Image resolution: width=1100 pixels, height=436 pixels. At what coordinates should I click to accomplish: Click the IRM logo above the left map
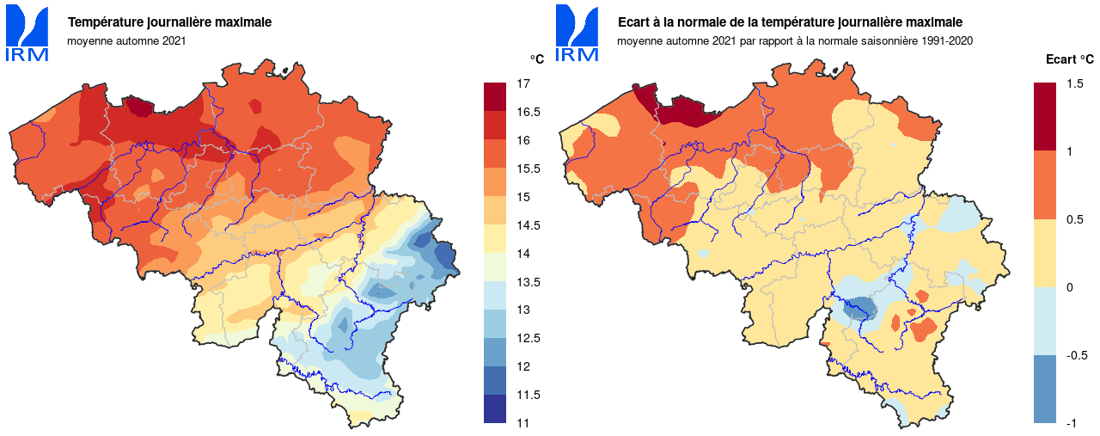(x=27, y=34)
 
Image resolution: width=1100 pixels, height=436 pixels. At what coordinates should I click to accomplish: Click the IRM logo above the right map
(x=577, y=34)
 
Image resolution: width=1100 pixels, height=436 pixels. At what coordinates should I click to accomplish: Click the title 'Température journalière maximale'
(x=169, y=22)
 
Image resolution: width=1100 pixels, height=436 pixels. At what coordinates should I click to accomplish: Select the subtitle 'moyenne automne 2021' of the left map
(x=126, y=40)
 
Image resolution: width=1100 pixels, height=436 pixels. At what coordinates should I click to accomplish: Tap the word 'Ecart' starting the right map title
(x=634, y=22)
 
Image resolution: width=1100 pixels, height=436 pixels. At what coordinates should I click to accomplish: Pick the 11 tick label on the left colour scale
(x=522, y=423)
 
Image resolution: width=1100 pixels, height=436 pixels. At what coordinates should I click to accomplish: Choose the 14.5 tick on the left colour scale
(x=528, y=225)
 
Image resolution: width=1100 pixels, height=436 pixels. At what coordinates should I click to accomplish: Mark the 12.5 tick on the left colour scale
(x=528, y=338)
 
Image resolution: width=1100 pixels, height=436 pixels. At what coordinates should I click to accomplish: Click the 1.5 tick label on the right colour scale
(x=1073, y=83)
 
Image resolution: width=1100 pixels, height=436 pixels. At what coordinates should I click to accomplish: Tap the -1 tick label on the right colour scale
(x=1070, y=423)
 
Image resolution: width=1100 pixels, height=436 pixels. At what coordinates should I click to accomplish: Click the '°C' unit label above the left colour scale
(x=536, y=59)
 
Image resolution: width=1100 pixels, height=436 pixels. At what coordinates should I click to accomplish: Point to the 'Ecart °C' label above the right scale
(x=1069, y=59)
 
